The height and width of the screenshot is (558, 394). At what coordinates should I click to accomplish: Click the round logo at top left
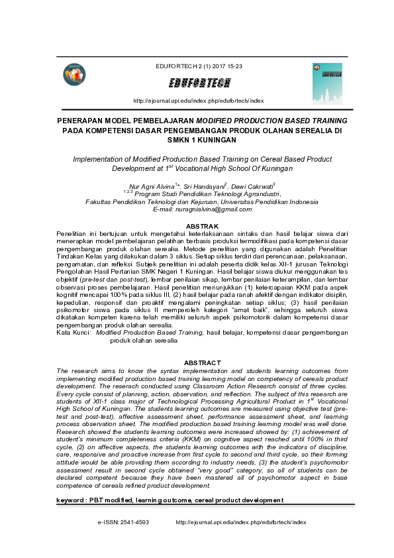[74, 75]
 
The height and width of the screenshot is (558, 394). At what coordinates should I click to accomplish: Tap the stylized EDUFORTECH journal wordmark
[199, 84]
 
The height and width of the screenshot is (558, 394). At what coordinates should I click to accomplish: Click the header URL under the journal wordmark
[199, 101]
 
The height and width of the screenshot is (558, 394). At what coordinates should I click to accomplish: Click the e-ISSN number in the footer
[135, 522]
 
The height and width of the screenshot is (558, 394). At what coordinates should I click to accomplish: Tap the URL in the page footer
[241, 522]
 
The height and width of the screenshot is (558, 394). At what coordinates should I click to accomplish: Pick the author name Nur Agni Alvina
[150, 188]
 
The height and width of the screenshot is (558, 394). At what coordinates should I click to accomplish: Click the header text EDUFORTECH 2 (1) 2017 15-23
[199, 67]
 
